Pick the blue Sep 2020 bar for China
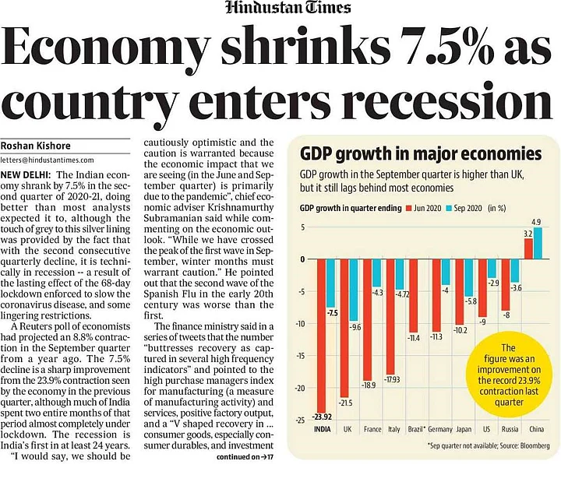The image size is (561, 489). click(x=536, y=243)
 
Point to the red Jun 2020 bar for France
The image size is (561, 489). click(x=365, y=319)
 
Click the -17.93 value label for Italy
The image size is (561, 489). click(x=392, y=379)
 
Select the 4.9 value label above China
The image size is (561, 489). click(x=536, y=222)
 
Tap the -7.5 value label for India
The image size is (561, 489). click(x=331, y=312)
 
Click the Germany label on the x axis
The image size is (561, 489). click(x=440, y=428)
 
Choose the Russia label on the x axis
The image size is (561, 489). click(x=510, y=428)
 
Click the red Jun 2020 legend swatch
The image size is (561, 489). click(x=408, y=209)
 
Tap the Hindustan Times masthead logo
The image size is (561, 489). click(x=288, y=9)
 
